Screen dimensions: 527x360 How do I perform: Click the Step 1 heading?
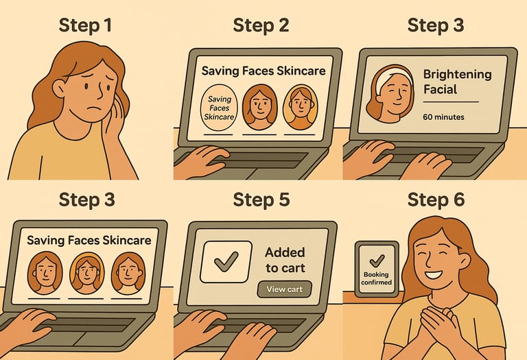click(85, 25)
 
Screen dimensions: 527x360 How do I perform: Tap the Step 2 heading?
click(261, 25)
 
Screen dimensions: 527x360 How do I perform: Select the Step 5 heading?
click(261, 200)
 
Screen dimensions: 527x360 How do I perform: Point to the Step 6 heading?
click(436, 200)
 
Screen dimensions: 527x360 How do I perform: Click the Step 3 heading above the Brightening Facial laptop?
click(436, 25)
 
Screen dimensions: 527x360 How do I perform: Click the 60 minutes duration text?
click(443, 117)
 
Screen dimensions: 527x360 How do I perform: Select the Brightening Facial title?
click(457, 82)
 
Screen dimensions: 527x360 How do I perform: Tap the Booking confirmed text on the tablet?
click(376, 278)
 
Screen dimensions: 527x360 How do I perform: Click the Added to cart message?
click(285, 260)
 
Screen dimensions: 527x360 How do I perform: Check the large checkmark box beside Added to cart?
click(226, 262)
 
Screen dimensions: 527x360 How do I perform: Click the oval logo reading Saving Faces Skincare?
click(219, 108)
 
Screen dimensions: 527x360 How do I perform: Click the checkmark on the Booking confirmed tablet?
click(377, 261)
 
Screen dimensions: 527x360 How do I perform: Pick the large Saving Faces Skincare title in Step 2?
click(263, 71)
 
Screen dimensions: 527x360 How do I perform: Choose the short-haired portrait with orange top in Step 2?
click(300, 107)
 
